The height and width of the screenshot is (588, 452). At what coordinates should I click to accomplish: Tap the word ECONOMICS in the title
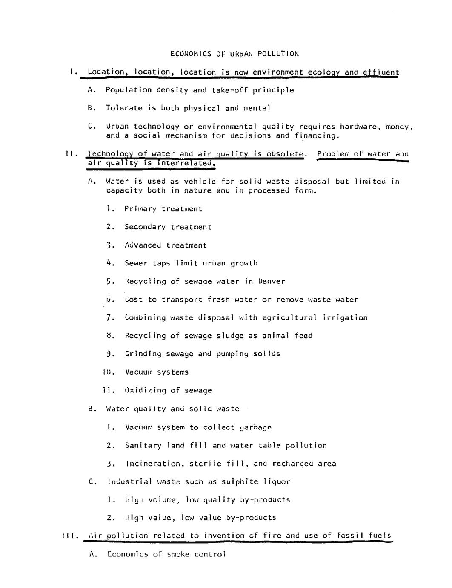(x=191, y=54)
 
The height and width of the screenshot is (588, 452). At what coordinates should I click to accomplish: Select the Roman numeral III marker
(x=69, y=536)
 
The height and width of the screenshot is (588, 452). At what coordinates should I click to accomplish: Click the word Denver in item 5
(x=271, y=281)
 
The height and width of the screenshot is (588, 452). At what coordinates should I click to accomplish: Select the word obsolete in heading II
(x=285, y=154)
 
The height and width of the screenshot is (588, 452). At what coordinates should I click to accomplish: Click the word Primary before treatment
(x=140, y=209)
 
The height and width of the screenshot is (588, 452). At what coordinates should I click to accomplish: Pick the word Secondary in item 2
(x=145, y=227)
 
